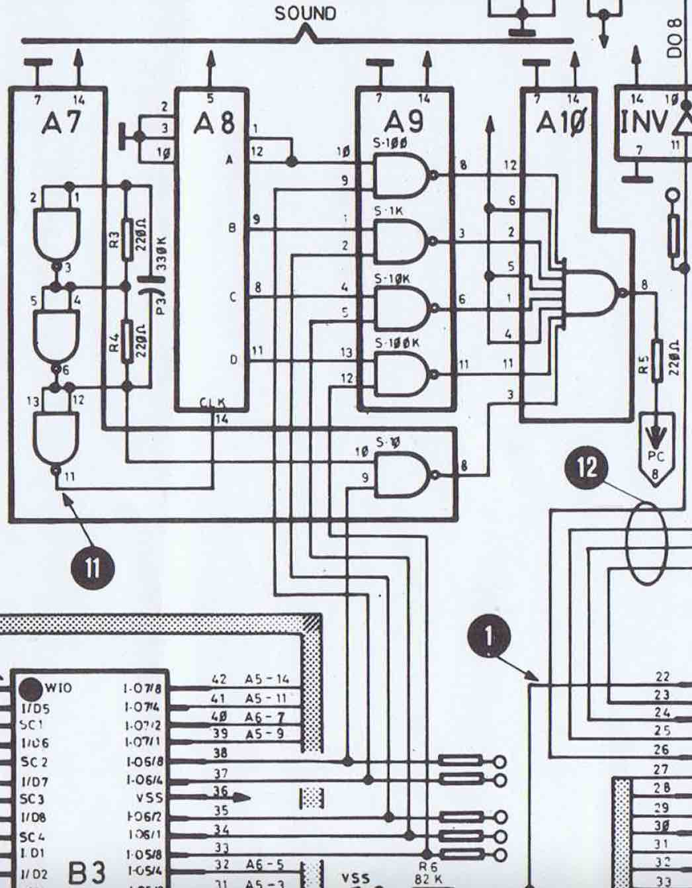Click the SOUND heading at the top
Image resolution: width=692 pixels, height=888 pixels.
coord(305,13)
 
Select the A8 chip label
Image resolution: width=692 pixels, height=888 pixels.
coord(214,123)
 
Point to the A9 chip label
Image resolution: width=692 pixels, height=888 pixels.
coord(406,122)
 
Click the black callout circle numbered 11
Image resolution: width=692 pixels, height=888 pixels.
coord(92,568)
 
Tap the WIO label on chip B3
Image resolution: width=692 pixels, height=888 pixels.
coord(58,688)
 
